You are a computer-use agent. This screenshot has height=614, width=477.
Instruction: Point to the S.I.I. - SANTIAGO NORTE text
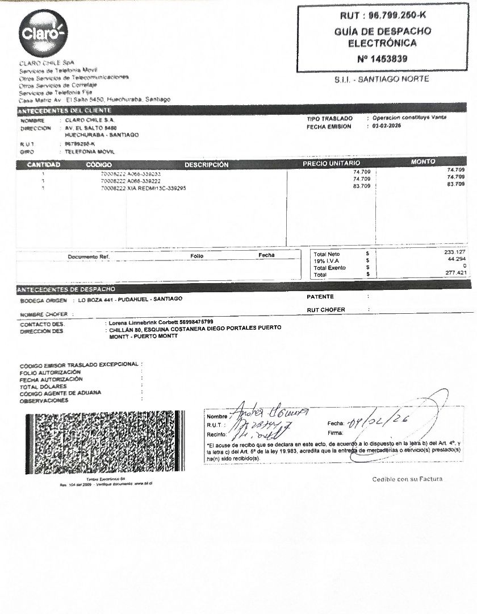382,80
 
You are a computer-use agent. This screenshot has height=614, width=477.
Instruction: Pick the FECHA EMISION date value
386,126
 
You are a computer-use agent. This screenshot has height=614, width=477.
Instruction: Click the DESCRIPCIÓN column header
206,164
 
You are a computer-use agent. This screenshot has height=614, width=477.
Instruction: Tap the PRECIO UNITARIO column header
332,164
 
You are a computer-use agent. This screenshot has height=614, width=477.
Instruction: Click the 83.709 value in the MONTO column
455,184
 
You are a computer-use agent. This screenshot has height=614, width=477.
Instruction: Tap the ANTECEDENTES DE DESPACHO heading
67,289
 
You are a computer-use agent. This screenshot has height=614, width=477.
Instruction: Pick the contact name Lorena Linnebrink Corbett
141,322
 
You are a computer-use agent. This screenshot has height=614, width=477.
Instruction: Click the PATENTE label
320,297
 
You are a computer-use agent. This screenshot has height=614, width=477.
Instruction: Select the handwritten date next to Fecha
380,422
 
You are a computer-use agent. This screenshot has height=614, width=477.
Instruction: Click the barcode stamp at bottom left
104,442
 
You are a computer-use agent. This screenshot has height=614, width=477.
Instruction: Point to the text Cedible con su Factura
407,479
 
